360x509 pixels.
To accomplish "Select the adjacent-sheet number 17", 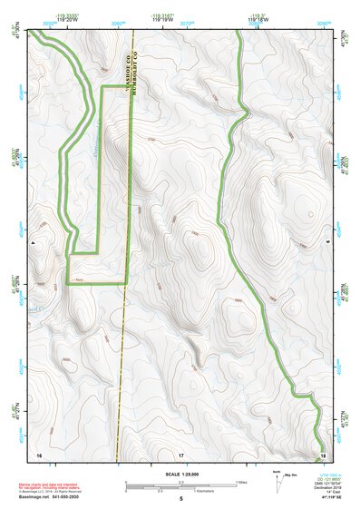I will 180,453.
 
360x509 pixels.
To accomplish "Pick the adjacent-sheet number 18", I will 322,453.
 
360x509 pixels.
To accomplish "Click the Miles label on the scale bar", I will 240,482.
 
